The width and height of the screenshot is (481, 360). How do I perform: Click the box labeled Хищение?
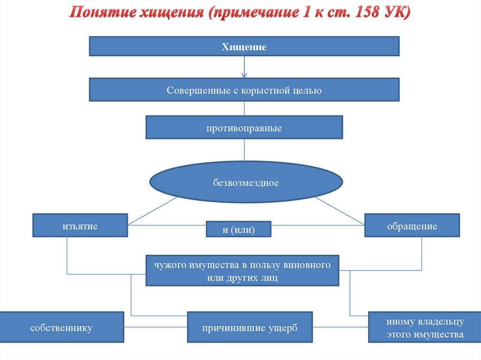[244, 47]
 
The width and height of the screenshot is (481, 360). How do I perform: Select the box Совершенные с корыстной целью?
[244, 90]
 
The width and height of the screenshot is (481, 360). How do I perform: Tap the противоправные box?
[244, 128]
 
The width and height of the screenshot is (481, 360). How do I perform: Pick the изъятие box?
[80, 226]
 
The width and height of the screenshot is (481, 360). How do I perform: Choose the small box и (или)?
[239, 229]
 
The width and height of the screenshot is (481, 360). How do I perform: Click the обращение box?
[412, 226]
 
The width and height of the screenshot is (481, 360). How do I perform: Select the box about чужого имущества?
[242, 271]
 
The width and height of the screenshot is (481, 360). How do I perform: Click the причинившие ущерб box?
[250, 328]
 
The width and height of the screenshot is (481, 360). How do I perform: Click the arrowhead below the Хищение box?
[244, 75]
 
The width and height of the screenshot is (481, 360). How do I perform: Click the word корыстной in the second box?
[263, 90]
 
